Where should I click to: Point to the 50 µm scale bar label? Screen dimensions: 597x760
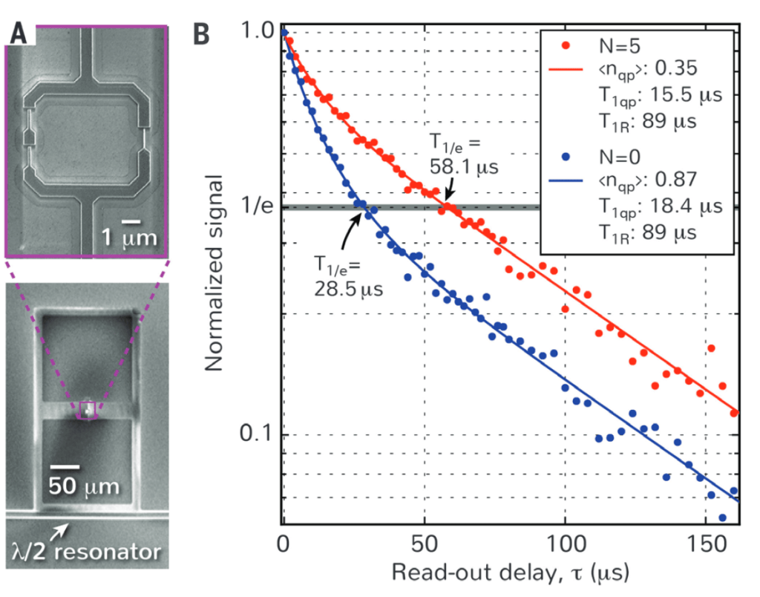pos(85,486)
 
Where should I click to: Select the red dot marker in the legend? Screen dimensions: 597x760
pos(566,45)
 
